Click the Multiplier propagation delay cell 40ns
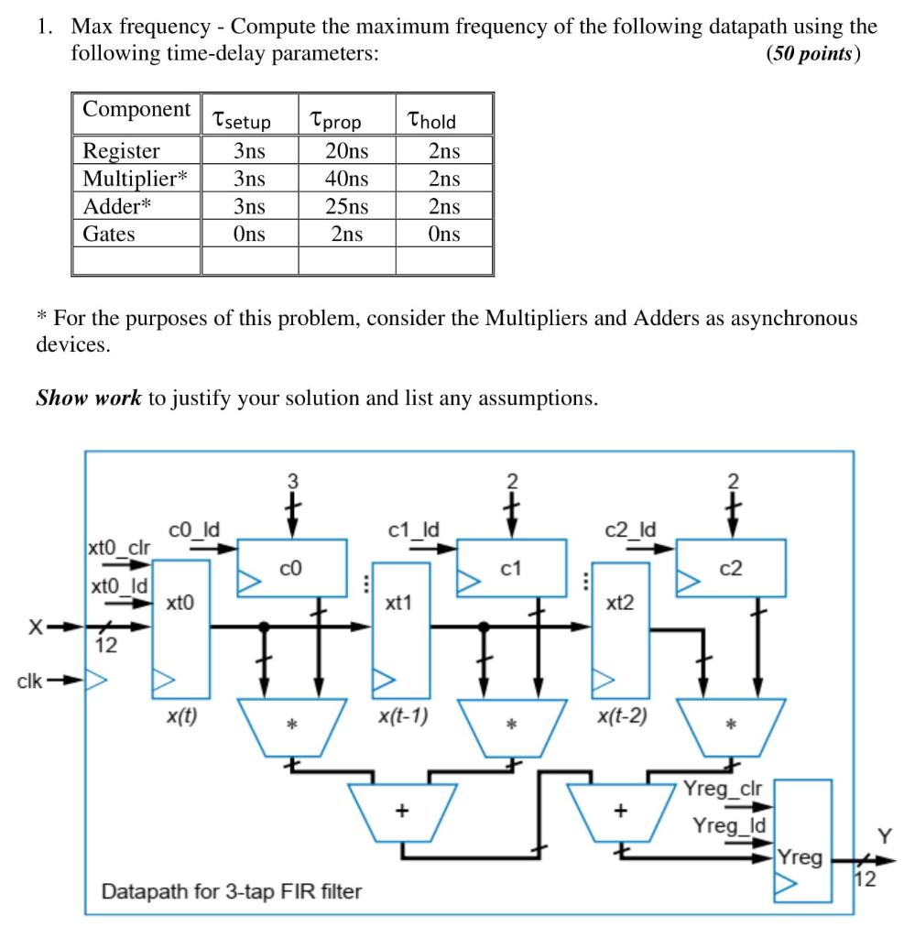(x=347, y=178)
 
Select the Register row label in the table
(x=121, y=150)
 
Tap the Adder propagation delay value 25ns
(x=347, y=206)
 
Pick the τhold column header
(x=432, y=120)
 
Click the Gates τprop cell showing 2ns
(x=347, y=234)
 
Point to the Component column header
(x=136, y=109)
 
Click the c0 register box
(x=292, y=568)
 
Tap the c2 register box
(x=730, y=568)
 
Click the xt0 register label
(x=180, y=602)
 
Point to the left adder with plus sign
(x=401, y=812)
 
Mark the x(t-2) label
(x=621, y=717)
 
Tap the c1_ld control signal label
(x=413, y=529)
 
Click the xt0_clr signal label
(x=118, y=549)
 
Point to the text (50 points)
(x=812, y=53)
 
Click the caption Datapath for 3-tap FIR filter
(x=231, y=890)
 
